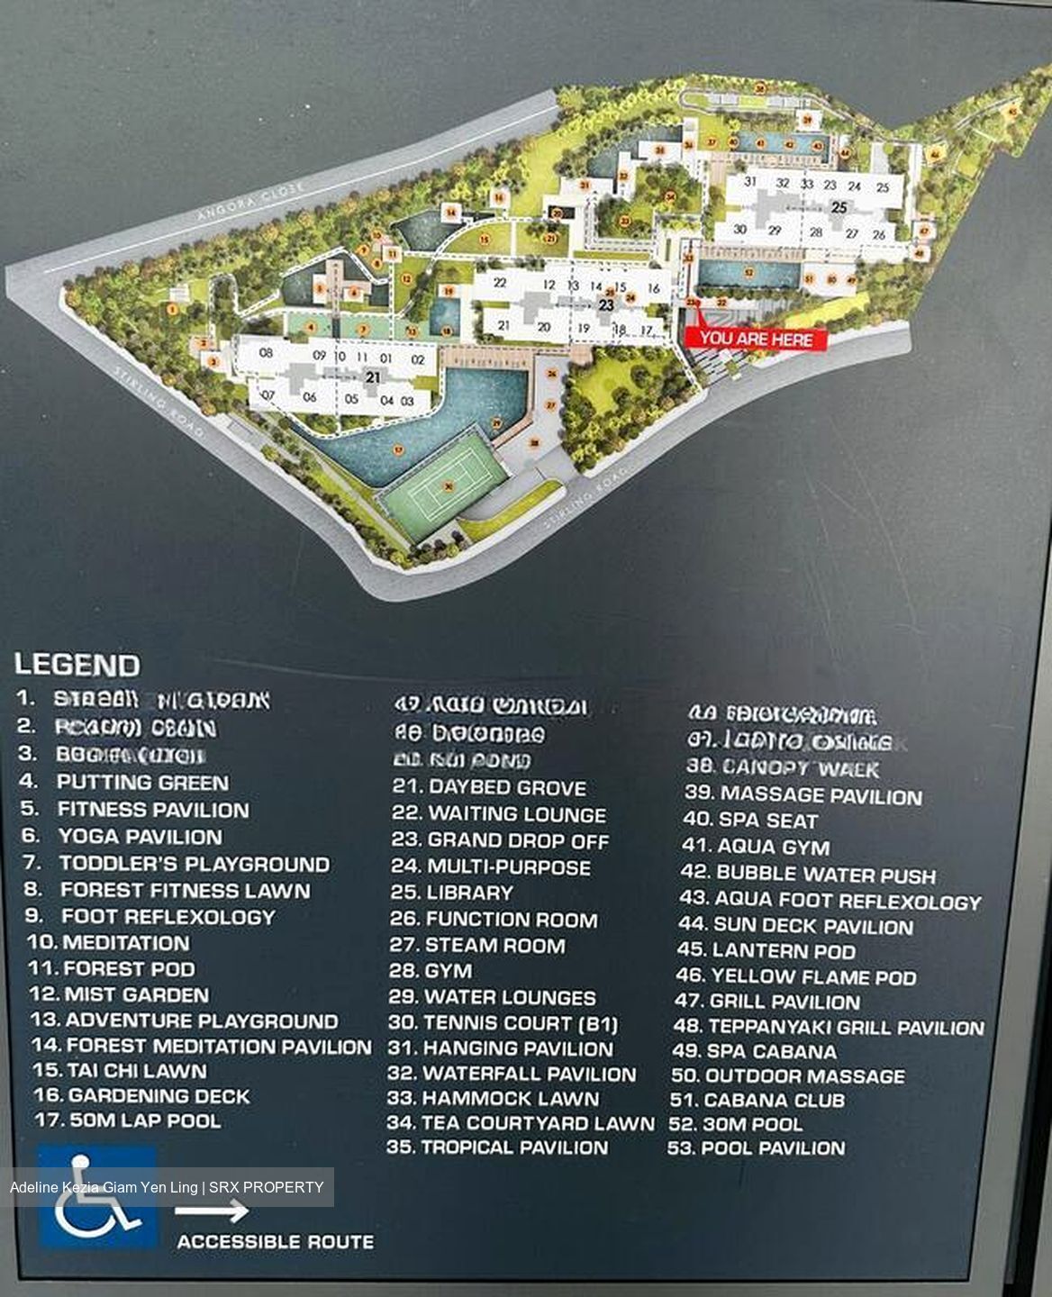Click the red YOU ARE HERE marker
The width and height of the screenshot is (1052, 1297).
tap(756, 339)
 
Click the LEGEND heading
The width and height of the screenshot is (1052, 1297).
tap(77, 666)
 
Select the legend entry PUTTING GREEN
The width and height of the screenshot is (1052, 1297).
tap(142, 782)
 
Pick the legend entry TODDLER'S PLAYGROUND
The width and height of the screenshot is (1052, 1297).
tap(194, 863)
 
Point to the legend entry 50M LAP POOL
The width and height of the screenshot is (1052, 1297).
tap(145, 1120)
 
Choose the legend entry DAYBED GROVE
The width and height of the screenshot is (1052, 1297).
tap(507, 787)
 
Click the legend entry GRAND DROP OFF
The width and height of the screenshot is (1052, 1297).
tap(518, 840)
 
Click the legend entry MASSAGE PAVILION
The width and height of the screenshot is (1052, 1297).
tap(821, 795)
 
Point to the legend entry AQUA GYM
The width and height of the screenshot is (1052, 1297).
tap(773, 847)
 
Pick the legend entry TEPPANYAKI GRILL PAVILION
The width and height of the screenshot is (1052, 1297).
tap(846, 1027)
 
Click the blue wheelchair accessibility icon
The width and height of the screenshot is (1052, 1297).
tap(96, 1196)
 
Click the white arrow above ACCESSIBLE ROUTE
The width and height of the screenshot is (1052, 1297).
tap(212, 1212)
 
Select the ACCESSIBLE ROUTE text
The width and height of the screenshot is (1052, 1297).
tap(275, 1241)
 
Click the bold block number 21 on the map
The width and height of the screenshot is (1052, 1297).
tap(373, 378)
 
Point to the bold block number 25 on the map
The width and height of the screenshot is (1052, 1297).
tap(839, 207)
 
